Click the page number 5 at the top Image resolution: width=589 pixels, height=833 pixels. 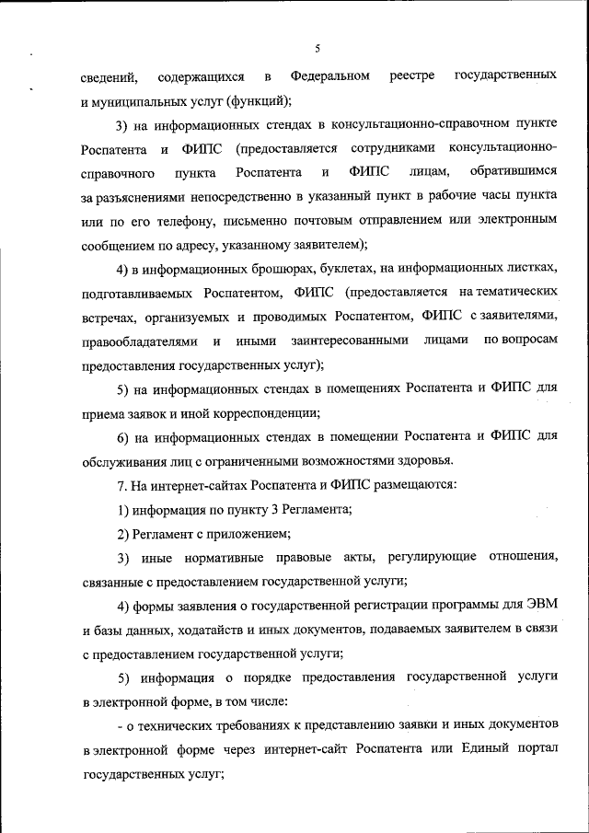pos(317,48)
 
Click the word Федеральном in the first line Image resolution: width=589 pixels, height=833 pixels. pos(329,74)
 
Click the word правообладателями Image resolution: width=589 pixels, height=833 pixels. pos(139,340)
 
